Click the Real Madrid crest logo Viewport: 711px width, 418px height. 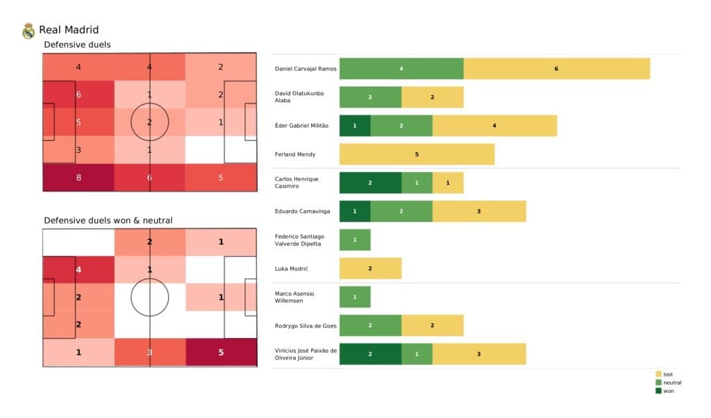click(x=28, y=31)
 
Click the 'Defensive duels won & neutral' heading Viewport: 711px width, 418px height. click(x=108, y=220)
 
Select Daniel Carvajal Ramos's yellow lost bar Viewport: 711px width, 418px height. click(x=556, y=69)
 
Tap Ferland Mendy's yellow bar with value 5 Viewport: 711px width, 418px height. click(x=417, y=154)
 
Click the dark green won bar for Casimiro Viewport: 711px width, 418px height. click(x=370, y=183)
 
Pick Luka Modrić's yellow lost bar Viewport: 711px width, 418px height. click(x=370, y=268)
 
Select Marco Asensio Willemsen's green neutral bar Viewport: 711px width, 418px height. click(x=355, y=296)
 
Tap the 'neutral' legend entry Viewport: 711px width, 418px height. click(x=667, y=383)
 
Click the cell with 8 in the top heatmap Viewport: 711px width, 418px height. click(x=78, y=177)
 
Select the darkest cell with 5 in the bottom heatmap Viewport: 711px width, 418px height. click(x=221, y=352)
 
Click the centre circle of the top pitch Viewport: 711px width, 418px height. click(x=149, y=122)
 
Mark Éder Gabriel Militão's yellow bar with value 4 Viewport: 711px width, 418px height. click(x=494, y=126)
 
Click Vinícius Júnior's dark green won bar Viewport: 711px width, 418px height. click(x=370, y=353)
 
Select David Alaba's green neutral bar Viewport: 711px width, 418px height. click(x=370, y=97)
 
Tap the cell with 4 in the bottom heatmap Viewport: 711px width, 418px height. click(x=78, y=269)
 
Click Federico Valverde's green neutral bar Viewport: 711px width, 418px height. click(x=355, y=240)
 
